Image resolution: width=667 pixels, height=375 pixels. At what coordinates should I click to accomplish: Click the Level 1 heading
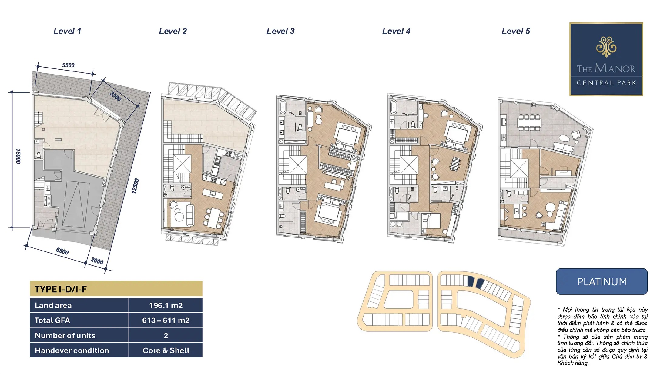click(x=67, y=31)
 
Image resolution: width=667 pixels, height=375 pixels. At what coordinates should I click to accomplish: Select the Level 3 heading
click(x=280, y=31)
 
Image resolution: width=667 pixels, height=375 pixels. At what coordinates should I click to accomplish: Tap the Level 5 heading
click(x=516, y=31)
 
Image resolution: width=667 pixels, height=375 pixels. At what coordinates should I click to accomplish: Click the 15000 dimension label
click(x=18, y=156)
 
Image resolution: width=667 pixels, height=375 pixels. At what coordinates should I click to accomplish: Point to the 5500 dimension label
click(x=68, y=65)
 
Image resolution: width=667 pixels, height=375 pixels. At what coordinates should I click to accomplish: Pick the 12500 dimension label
click(x=135, y=186)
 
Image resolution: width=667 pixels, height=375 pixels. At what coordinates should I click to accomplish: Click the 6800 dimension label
click(x=62, y=251)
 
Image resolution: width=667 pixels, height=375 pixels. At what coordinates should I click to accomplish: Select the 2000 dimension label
click(x=97, y=261)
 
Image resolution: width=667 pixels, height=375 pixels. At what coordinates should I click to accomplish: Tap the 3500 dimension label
click(x=116, y=96)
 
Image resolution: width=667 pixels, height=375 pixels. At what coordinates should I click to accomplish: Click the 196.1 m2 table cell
click(x=166, y=305)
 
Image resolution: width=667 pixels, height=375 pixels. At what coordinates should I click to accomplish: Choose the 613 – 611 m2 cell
click(x=166, y=320)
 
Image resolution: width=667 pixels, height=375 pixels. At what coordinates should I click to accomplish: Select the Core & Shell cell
click(x=166, y=350)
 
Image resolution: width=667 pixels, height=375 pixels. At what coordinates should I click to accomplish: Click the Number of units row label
click(x=65, y=335)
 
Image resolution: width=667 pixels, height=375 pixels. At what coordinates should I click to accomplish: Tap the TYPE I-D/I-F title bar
click(x=116, y=289)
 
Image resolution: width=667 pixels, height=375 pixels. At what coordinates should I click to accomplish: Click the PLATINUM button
click(x=602, y=281)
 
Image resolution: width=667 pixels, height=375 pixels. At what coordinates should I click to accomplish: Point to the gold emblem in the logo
click(x=606, y=47)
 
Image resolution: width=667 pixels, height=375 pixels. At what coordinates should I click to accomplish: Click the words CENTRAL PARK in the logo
click(x=606, y=83)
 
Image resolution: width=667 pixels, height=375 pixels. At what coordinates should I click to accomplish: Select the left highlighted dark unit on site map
click(x=470, y=281)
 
